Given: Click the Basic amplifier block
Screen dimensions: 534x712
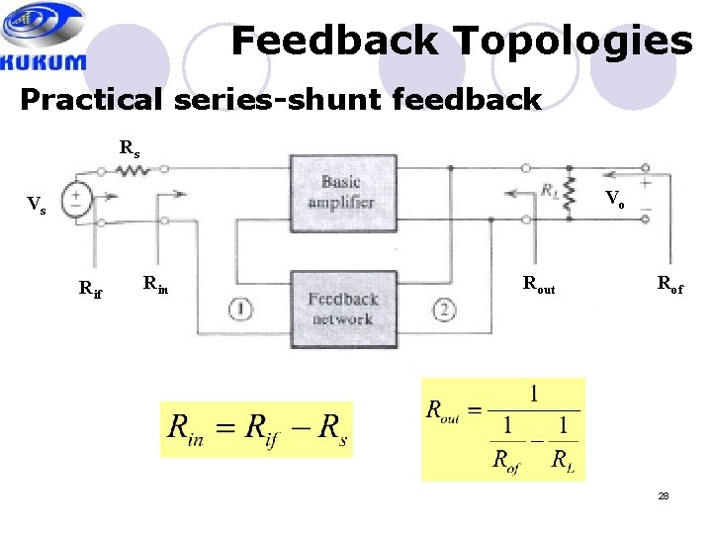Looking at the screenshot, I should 341,191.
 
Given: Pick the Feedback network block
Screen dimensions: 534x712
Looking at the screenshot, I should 341,309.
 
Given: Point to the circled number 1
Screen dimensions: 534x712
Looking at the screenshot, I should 240,311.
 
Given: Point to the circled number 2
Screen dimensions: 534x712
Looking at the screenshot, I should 445,311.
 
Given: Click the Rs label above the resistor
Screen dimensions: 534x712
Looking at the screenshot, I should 130,148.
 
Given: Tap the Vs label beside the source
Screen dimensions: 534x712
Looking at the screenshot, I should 36,205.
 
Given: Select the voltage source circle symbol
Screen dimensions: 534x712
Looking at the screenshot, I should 76,201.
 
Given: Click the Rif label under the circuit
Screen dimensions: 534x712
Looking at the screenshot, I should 90,289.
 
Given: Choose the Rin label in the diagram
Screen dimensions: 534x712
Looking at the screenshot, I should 155,285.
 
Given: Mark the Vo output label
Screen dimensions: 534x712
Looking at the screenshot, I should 614,198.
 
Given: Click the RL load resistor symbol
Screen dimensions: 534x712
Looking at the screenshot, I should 569,190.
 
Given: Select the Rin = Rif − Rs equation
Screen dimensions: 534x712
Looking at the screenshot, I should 256,429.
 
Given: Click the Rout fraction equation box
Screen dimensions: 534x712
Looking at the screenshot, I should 502,429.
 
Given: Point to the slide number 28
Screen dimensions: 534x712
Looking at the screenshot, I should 664,495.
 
